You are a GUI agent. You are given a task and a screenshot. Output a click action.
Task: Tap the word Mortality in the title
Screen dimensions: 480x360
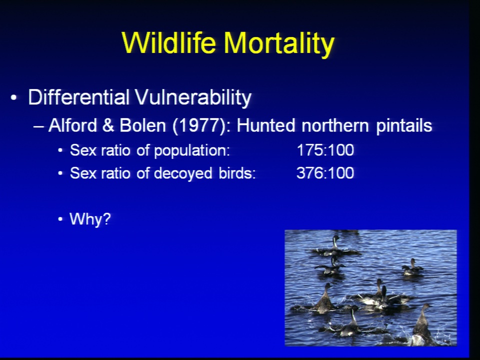point(279,44)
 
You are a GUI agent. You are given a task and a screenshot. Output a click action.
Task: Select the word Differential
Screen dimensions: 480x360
point(78,97)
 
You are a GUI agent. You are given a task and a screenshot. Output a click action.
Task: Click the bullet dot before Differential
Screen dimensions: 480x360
point(13,98)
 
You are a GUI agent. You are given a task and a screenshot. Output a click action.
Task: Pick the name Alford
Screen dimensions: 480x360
point(73,125)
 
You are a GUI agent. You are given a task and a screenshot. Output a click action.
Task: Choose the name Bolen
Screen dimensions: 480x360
point(142,125)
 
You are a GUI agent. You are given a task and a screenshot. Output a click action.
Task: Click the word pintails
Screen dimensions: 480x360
point(404,126)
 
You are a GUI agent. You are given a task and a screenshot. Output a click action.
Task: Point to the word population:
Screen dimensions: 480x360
point(192,151)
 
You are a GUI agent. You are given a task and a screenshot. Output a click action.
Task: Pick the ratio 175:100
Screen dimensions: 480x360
point(325,150)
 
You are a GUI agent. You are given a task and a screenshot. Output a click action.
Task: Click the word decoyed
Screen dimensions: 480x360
point(183,173)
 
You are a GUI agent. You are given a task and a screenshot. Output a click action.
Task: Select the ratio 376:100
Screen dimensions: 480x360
point(325,173)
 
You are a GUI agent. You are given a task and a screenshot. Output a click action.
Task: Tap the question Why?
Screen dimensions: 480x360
point(90,219)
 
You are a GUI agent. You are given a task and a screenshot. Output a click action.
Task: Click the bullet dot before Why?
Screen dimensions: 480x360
point(60,219)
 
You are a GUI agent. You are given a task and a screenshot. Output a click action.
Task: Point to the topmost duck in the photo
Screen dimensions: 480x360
point(335,247)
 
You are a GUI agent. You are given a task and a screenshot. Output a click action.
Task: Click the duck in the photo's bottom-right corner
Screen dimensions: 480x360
point(421,326)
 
